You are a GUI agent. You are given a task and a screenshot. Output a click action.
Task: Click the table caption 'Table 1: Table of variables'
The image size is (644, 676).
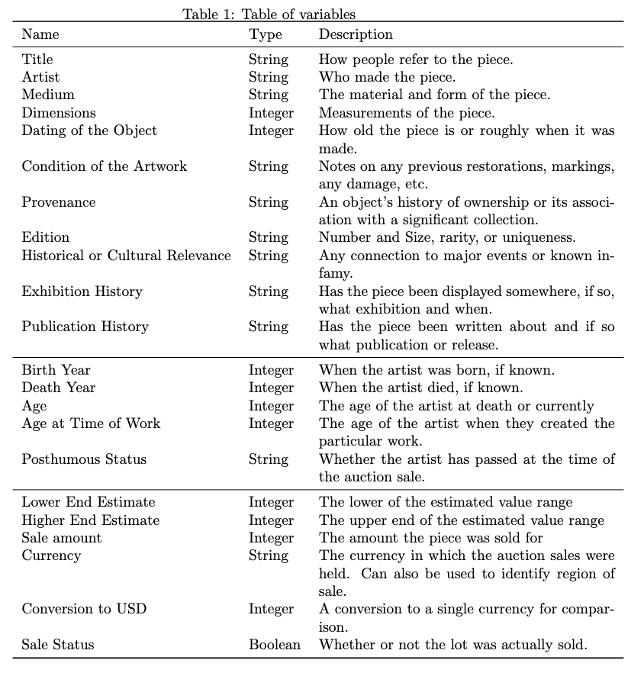(x=269, y=14)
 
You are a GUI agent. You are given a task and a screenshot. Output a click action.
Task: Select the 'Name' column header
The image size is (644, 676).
(x=40, y=34)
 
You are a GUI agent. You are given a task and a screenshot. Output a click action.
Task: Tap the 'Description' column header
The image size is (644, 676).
(x=356, y=34)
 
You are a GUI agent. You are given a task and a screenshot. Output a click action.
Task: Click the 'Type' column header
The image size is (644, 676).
(x=265, y=34)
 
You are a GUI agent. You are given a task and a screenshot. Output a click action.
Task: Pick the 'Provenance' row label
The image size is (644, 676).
(x=59, y=202)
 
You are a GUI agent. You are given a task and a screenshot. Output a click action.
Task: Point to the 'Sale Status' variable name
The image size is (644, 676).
(x=58, y=645)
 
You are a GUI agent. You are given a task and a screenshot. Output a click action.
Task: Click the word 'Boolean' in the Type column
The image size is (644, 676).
(x=275, y=645)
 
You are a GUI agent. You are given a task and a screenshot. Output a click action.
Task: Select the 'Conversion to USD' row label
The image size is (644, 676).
(x=84, y=609)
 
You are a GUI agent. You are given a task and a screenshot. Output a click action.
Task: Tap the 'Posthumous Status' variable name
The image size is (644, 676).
(x=84, y=459)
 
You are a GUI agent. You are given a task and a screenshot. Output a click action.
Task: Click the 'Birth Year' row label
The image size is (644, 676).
(x=56, y=370)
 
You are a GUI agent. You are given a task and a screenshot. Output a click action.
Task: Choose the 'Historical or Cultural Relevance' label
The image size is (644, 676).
(x=126, y=256)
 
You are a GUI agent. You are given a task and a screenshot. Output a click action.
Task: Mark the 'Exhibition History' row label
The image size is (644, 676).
(x=82, y=291)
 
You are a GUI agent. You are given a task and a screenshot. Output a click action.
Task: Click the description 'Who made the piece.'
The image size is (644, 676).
(x=387, y=77)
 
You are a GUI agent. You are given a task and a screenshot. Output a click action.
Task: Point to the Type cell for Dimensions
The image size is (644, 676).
(x=271, y=113)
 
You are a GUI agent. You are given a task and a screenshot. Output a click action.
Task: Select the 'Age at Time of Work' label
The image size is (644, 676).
(x=91, y=423)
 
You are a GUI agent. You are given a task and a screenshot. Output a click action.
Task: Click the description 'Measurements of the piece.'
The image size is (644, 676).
(x=406, y=113)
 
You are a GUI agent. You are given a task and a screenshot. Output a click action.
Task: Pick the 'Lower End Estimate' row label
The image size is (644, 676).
(x=89, y=502)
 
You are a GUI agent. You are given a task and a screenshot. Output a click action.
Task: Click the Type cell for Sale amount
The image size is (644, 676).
(x=271, y=538)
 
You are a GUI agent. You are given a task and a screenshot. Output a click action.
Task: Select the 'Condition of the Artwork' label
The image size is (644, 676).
(x=104, y=166)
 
